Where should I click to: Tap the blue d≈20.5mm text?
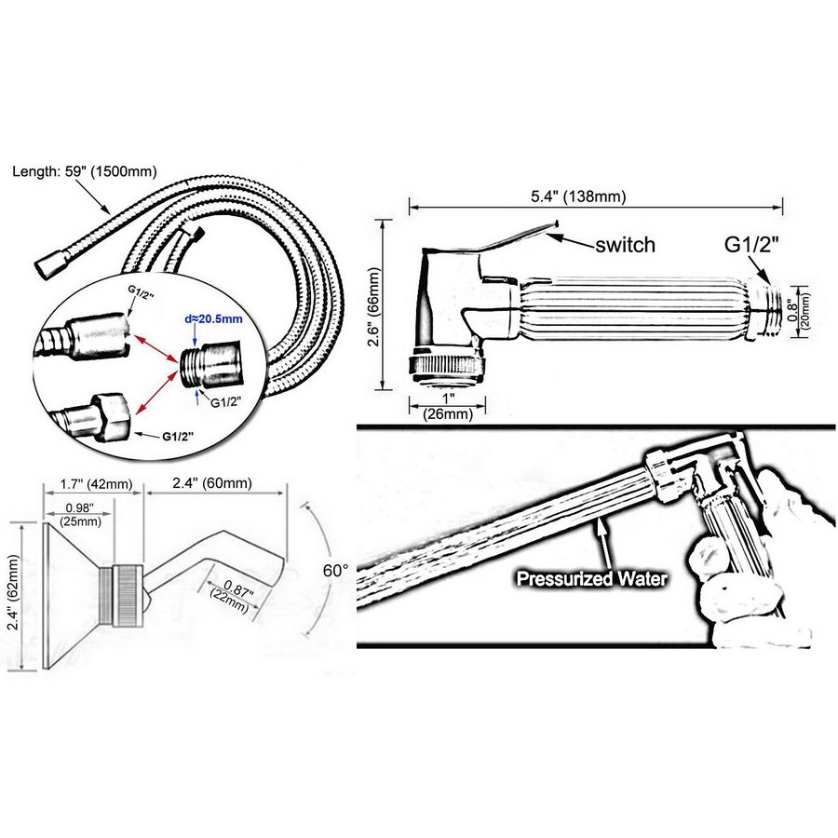[213, 319]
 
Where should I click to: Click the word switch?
[626, 245]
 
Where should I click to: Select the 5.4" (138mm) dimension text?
[577, 196]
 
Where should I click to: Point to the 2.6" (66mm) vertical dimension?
[373, 306]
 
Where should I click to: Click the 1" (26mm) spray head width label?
[448, 406]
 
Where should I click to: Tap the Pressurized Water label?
[591, 579]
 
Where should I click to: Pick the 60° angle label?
[335, 571]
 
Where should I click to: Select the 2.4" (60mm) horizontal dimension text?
[212, 483]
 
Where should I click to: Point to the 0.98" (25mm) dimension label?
[80, 515]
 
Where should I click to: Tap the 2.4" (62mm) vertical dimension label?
[13, 593]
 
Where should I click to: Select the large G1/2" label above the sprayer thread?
[750, 245]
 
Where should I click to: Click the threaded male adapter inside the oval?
[210, 367]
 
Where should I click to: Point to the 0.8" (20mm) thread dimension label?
[799, 313]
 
